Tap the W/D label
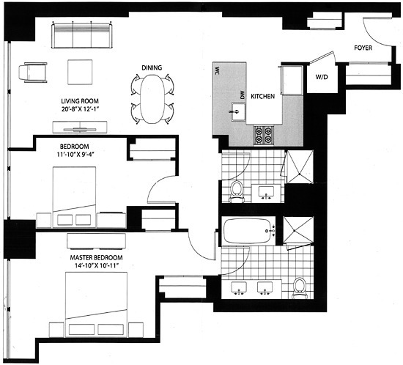coord(321,75)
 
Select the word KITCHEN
coord(262,96)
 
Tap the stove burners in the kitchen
coord(263,134)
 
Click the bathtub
coord(247,231)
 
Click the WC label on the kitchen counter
coord(218,71)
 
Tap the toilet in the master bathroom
coord(300,287)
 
